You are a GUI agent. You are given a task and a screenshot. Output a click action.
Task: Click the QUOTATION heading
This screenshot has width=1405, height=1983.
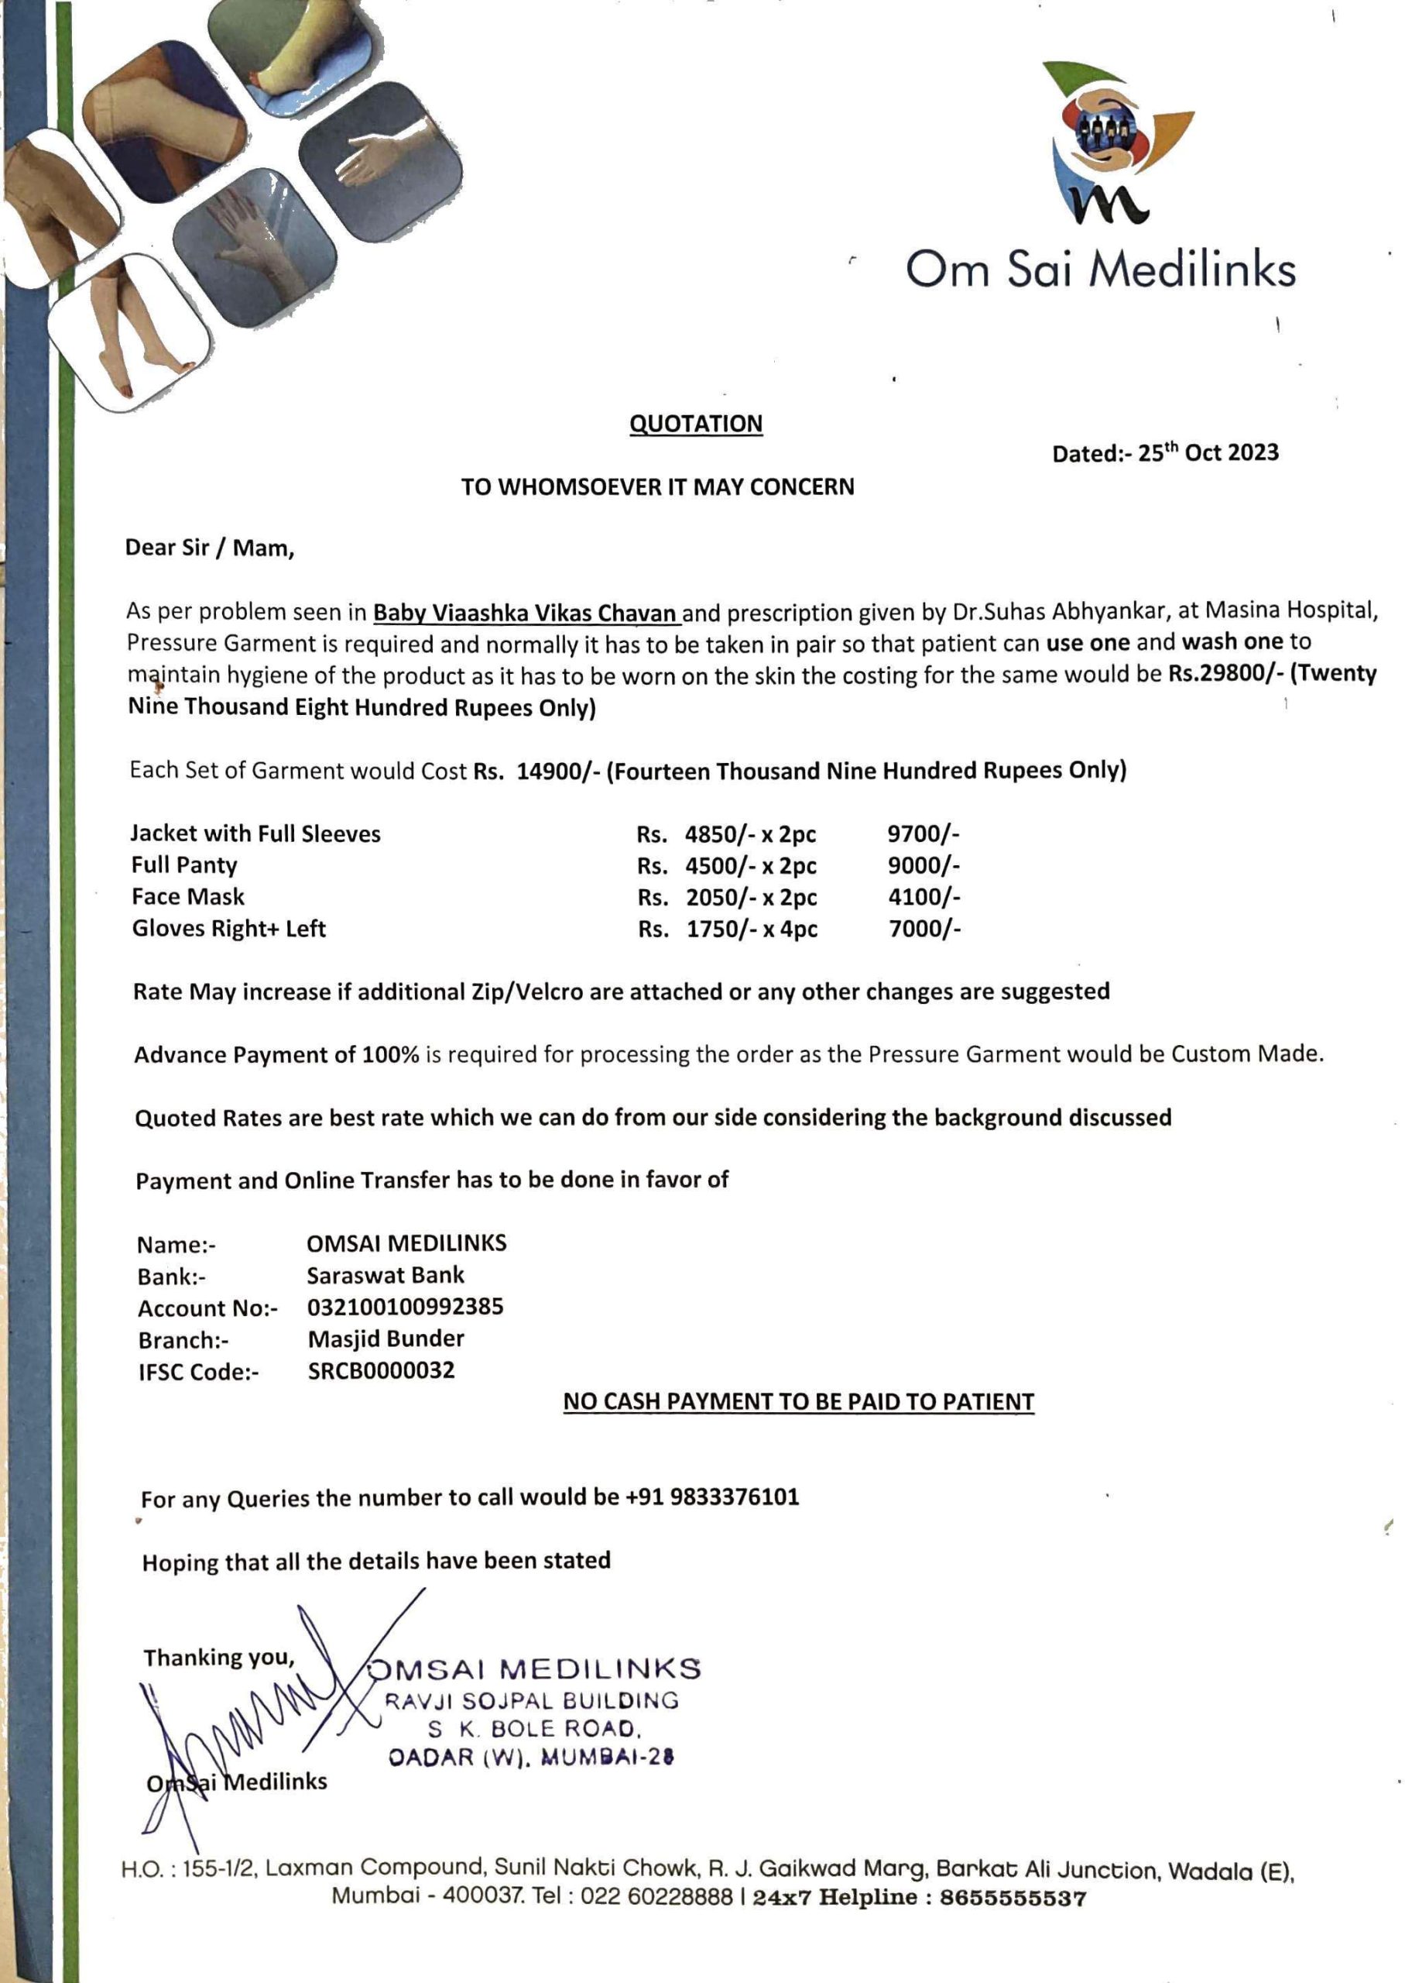(x=696, y=423)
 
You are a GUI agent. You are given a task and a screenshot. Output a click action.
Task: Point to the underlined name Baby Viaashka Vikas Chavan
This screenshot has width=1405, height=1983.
(x=525, y=613)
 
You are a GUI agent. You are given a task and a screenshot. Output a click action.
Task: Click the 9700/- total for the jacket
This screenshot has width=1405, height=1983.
(x=923, y=833)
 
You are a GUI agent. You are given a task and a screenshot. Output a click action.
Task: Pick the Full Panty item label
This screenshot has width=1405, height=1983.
(x=184, y=864)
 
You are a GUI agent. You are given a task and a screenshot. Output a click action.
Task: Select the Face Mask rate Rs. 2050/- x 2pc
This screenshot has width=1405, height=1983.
(x=727, y=897)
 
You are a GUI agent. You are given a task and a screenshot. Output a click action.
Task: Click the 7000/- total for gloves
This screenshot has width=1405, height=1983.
(x=925, y=929)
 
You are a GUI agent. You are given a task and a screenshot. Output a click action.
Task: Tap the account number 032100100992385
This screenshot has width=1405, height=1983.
(x=405, y=1306)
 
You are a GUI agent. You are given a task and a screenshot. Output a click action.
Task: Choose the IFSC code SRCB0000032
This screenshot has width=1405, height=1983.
(x=381, y=1370)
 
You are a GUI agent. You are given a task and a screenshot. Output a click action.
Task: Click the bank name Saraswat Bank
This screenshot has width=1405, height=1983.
(x=385, y=1275)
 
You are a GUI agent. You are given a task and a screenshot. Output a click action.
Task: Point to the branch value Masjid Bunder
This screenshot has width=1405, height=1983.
(x=386, y=1339)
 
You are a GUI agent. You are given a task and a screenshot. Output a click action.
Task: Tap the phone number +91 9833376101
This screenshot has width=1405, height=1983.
(x=712, y=1497)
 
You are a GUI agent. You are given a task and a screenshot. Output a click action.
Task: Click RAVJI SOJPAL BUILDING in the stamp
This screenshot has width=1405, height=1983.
(x=531, y=1701)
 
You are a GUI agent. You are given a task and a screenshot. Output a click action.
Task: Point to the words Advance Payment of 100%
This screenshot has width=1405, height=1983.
(x=277, y=1055)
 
